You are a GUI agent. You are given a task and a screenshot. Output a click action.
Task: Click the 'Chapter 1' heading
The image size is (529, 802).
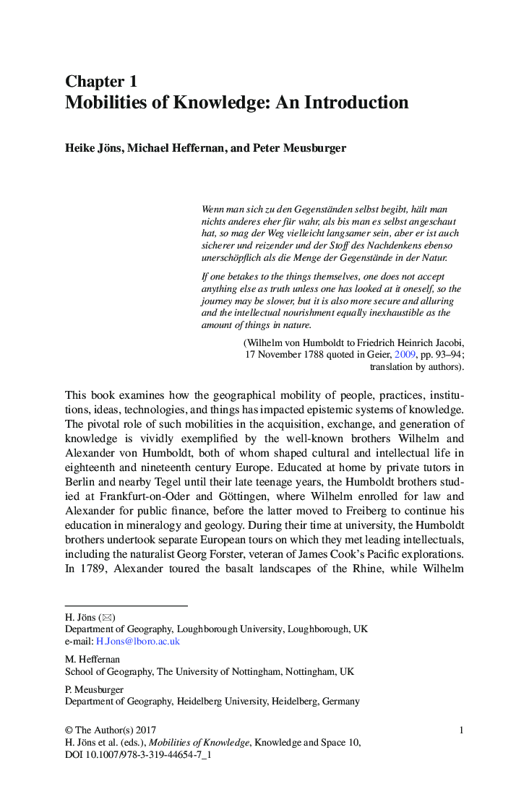point(101,81)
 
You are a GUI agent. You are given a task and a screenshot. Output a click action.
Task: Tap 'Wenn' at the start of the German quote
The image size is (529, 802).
point(214,209)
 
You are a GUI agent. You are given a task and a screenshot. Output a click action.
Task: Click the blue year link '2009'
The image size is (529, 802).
point(405,355)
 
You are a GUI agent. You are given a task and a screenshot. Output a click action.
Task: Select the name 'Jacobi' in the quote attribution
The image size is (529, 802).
point(447,342)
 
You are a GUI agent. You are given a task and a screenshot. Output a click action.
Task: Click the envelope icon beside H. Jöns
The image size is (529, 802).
point(107,617)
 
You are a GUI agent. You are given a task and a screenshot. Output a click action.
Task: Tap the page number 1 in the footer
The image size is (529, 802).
point(461,730)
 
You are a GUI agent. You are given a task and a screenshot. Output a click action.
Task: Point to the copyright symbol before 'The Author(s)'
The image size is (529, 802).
point(69,730)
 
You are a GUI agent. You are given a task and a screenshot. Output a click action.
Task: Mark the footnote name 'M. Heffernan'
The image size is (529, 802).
point(93,659)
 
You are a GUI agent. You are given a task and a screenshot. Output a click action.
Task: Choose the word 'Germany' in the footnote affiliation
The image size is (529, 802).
point(341,701)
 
